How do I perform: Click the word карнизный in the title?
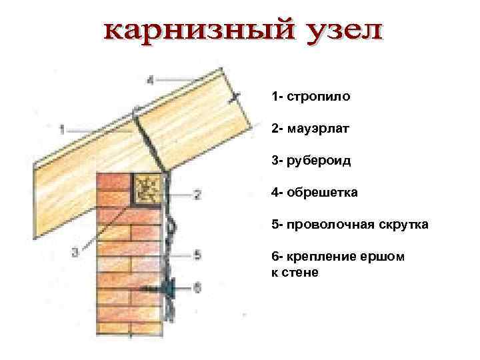point(185,32)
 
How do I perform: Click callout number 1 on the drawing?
point(61,127)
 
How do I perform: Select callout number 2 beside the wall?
point(197,195)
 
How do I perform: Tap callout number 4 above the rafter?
point(150,80)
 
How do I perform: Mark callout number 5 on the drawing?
point(197,253)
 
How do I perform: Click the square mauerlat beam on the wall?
point(148,188)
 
